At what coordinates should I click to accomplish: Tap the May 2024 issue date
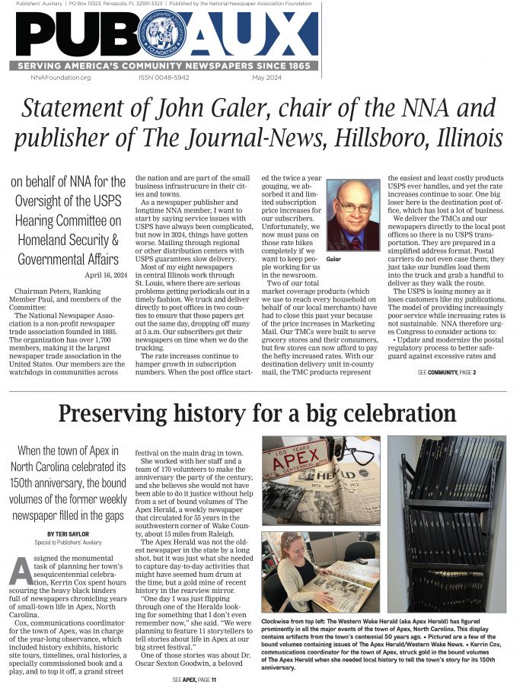(266, 78)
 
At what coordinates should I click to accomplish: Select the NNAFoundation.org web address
(61, 78)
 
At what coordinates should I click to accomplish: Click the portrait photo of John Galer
(352, 215)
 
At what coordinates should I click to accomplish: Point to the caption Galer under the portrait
(333, 259)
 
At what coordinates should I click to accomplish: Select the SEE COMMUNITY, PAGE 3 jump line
(447, 372)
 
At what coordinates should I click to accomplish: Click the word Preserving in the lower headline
(115, 414)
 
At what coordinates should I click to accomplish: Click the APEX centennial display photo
(320, 478)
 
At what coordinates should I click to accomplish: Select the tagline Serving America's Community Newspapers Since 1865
(163, 66)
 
